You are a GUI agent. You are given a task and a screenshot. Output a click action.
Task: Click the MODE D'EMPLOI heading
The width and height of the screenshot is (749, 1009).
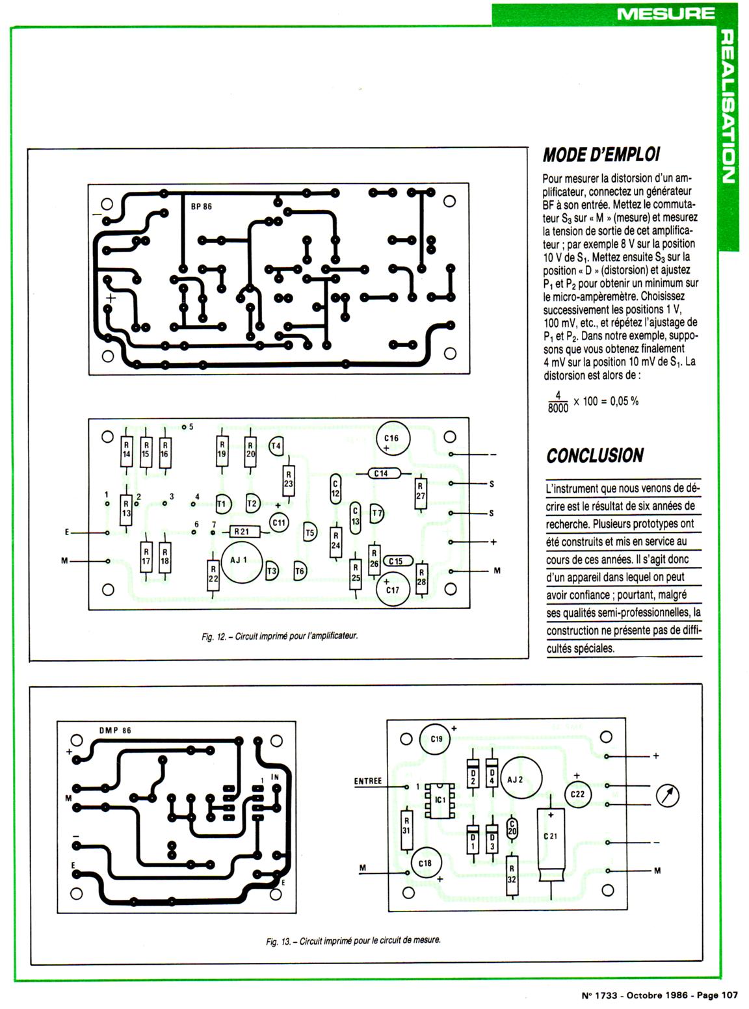point(601,155)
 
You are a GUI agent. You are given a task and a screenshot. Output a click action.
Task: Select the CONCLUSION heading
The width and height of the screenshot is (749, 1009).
point(595,456)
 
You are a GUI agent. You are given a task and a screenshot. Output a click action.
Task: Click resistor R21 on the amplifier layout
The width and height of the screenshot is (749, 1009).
point(241,532)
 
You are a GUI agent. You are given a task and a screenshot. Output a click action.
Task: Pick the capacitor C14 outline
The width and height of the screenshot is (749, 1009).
point(381,473)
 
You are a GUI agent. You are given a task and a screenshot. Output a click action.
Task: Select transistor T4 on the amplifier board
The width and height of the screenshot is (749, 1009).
point(276,446)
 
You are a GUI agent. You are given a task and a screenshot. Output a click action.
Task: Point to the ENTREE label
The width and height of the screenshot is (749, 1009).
point(368,781)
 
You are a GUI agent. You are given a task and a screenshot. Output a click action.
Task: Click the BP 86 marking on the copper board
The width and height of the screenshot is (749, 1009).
point(202,207)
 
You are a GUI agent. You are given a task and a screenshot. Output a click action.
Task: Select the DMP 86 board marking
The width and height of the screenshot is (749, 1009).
point(115,730)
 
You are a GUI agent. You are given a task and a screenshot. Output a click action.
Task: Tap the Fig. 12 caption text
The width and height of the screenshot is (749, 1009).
point(279,636)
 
